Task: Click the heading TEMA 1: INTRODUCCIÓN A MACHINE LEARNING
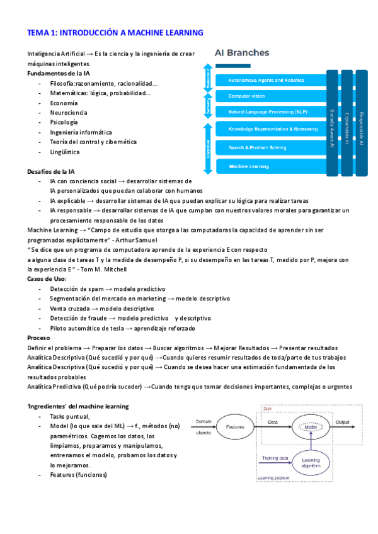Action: (115, 32)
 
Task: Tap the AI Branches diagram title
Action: (243, 53)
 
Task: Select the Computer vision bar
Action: (265, 96)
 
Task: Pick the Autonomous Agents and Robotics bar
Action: (265, 80)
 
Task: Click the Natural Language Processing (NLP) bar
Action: (265, 111)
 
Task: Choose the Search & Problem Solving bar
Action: (265, 147)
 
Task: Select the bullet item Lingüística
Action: (65, 152)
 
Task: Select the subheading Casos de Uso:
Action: (47, 279)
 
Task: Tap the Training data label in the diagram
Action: (275, 458)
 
